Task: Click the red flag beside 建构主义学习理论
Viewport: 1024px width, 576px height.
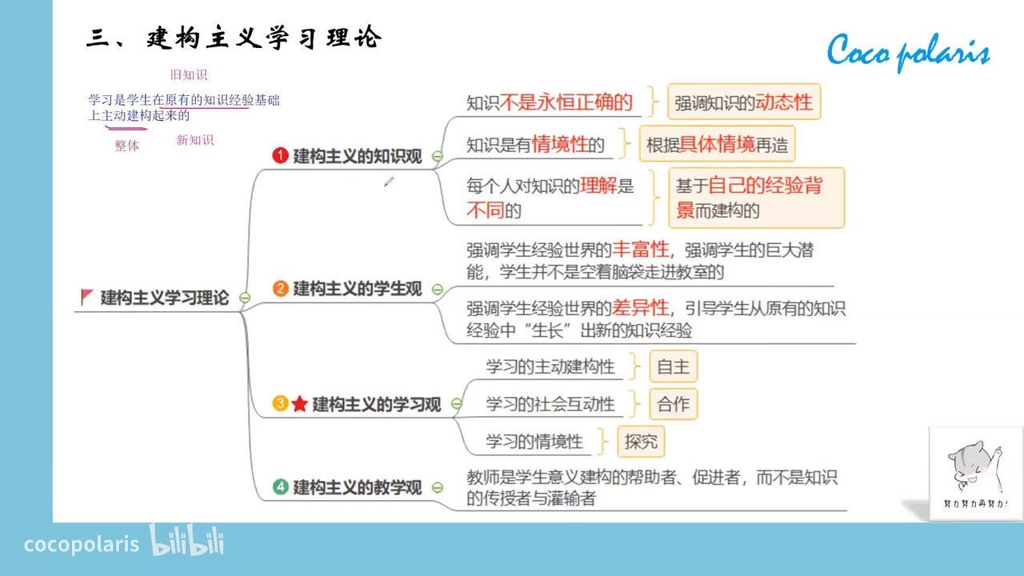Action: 87,297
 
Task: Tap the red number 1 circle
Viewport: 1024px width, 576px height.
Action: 280,155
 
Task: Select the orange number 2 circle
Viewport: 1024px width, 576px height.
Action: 280,289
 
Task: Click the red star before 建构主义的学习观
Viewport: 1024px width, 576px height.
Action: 299,404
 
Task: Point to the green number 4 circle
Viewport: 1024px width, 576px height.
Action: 280,487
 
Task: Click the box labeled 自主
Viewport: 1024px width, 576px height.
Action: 674,366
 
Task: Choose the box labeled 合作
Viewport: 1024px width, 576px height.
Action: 674,404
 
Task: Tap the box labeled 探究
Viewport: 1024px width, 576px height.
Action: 641,442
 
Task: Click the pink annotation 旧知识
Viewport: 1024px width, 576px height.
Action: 189,74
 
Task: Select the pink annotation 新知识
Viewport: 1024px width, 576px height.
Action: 194,140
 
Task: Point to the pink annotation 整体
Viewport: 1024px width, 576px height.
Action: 126,146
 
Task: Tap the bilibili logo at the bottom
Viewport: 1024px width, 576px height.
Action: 186,540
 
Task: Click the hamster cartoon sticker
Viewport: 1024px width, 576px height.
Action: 976,473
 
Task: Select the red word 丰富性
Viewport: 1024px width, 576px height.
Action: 641,250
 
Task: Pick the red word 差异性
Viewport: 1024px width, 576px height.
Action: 641,308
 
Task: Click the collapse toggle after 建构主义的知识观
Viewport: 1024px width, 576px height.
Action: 438,156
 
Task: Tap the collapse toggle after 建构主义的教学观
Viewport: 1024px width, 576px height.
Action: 438,487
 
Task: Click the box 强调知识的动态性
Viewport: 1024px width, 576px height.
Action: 744,102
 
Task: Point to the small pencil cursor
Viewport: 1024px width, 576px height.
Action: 389,182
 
